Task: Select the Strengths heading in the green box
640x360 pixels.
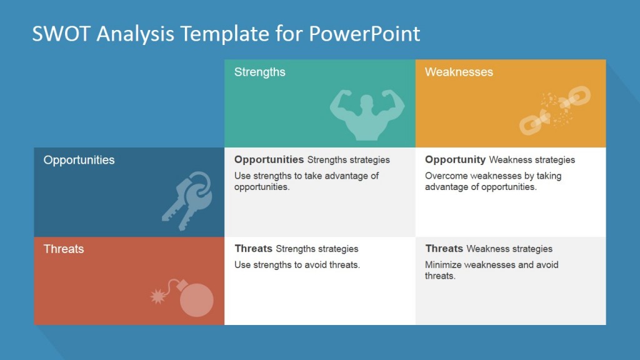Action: pos(259,72)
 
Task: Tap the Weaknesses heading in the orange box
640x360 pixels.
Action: pos(459,72)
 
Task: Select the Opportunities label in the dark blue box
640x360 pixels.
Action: pos(79,160)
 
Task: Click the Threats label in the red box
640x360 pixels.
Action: pos(63,249)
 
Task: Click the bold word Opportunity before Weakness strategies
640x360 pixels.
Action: pos(455,159)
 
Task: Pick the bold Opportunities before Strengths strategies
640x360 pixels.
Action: pos(269,159)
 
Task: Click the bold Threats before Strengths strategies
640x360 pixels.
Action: pos(253,248)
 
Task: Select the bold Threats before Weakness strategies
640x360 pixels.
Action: pos(444,248)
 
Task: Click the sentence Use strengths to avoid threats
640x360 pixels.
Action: pos(297,264)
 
